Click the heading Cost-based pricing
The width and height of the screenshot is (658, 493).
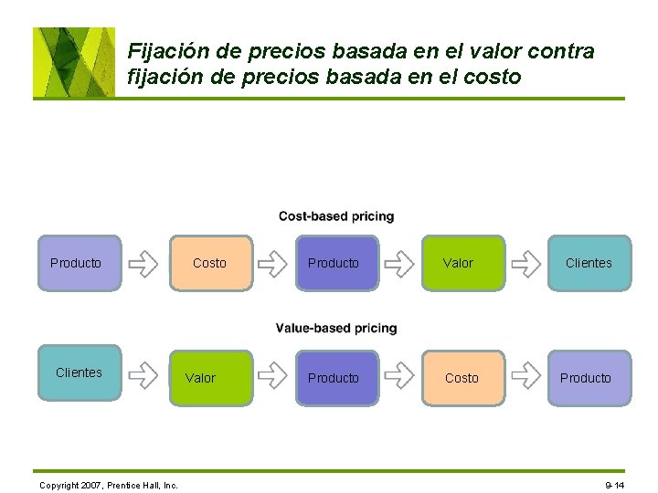pyautogui.click(x=336, y=216)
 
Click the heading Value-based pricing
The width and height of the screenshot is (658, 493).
pyautogui.click(x=336, y=328)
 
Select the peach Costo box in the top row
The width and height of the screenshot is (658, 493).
pyautogui.click(x=210, y=263)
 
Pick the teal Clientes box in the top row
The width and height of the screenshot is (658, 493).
pyautogui.click(x=589, y=263)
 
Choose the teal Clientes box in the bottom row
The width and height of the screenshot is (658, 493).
pyautogui.click(x=79, y=372)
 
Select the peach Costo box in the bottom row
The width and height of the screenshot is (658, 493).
pyautogui.click(x=462, y=377)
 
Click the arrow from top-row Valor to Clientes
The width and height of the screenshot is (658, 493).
pyautogui.click(x=525, y=264)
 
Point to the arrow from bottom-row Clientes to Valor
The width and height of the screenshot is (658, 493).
pyautogui.click(x=143, y=373)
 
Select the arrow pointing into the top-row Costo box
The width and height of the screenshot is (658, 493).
pyautogui.click(x=143, y=264)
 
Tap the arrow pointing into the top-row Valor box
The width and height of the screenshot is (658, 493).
pyautogui.click(x=398, y=264)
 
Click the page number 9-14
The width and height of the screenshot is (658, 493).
pyautogui.click(x=614, y=484)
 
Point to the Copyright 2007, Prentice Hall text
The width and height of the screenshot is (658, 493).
pyautogui.click(x=109, y=484)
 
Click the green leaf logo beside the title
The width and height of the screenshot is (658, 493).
pyautogui.click(x=74, y=61)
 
